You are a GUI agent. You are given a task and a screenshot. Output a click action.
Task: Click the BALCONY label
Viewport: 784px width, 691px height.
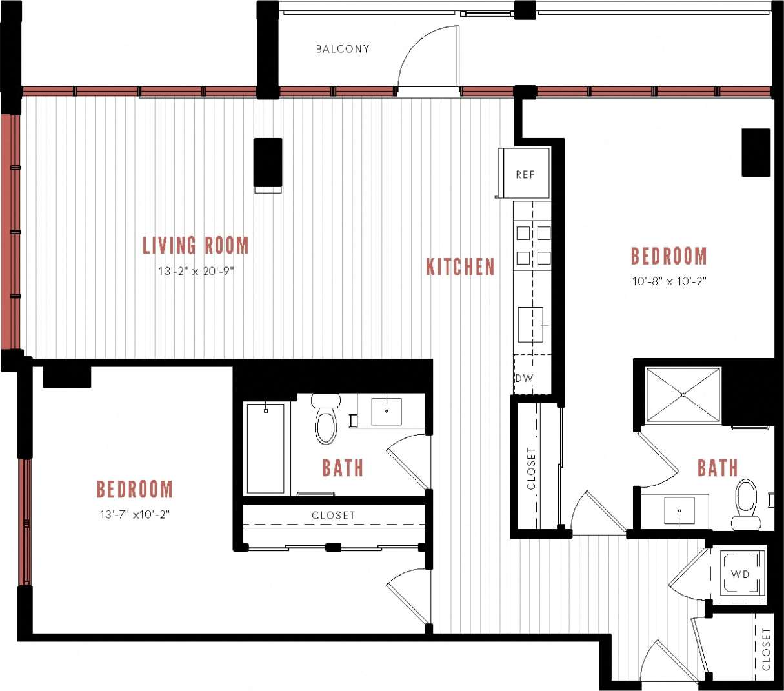pyautogui.click(x=343, y=49)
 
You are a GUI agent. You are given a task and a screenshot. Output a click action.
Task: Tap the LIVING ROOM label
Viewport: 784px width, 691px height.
pyautogui.click(x=196, y=246)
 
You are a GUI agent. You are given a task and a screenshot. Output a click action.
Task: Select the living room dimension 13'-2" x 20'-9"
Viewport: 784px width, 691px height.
pyautogui.click(x=196, y=272)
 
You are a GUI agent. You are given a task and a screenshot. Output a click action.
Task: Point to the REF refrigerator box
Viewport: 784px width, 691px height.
pyautogui.click(x=525, y=174)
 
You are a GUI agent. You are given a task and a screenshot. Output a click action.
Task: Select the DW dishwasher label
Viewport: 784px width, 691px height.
pyautogui.click(x=524, y=379)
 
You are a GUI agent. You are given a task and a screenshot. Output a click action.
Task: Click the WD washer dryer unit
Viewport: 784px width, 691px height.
pyautogui.click(x=739, y=574)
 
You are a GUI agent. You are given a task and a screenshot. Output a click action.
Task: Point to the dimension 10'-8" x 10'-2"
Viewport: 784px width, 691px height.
pyautogui.click(x=668, y=281)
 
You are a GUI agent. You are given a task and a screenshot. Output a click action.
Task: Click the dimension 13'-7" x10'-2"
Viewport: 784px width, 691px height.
pyautogui.click(x=134, y=514)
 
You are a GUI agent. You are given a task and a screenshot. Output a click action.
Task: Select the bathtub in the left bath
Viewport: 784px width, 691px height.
pyautogui.click(x=265, y=448)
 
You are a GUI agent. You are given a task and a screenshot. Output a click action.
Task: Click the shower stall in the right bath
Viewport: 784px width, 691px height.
pyautogui.click(x=683, y=396)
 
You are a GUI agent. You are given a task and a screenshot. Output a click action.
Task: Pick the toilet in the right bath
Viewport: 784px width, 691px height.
pyautogui.click(x=746, y=503)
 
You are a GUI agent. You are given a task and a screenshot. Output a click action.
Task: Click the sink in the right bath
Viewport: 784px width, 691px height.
pyautogui.click(x=679, y=511)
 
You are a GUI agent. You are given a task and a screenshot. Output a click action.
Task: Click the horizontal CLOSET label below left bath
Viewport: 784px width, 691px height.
pyautogui.click(x=333, y=516)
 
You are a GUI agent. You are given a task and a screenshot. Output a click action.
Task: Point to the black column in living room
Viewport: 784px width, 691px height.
pyautogui.click(x=267, y=162)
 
